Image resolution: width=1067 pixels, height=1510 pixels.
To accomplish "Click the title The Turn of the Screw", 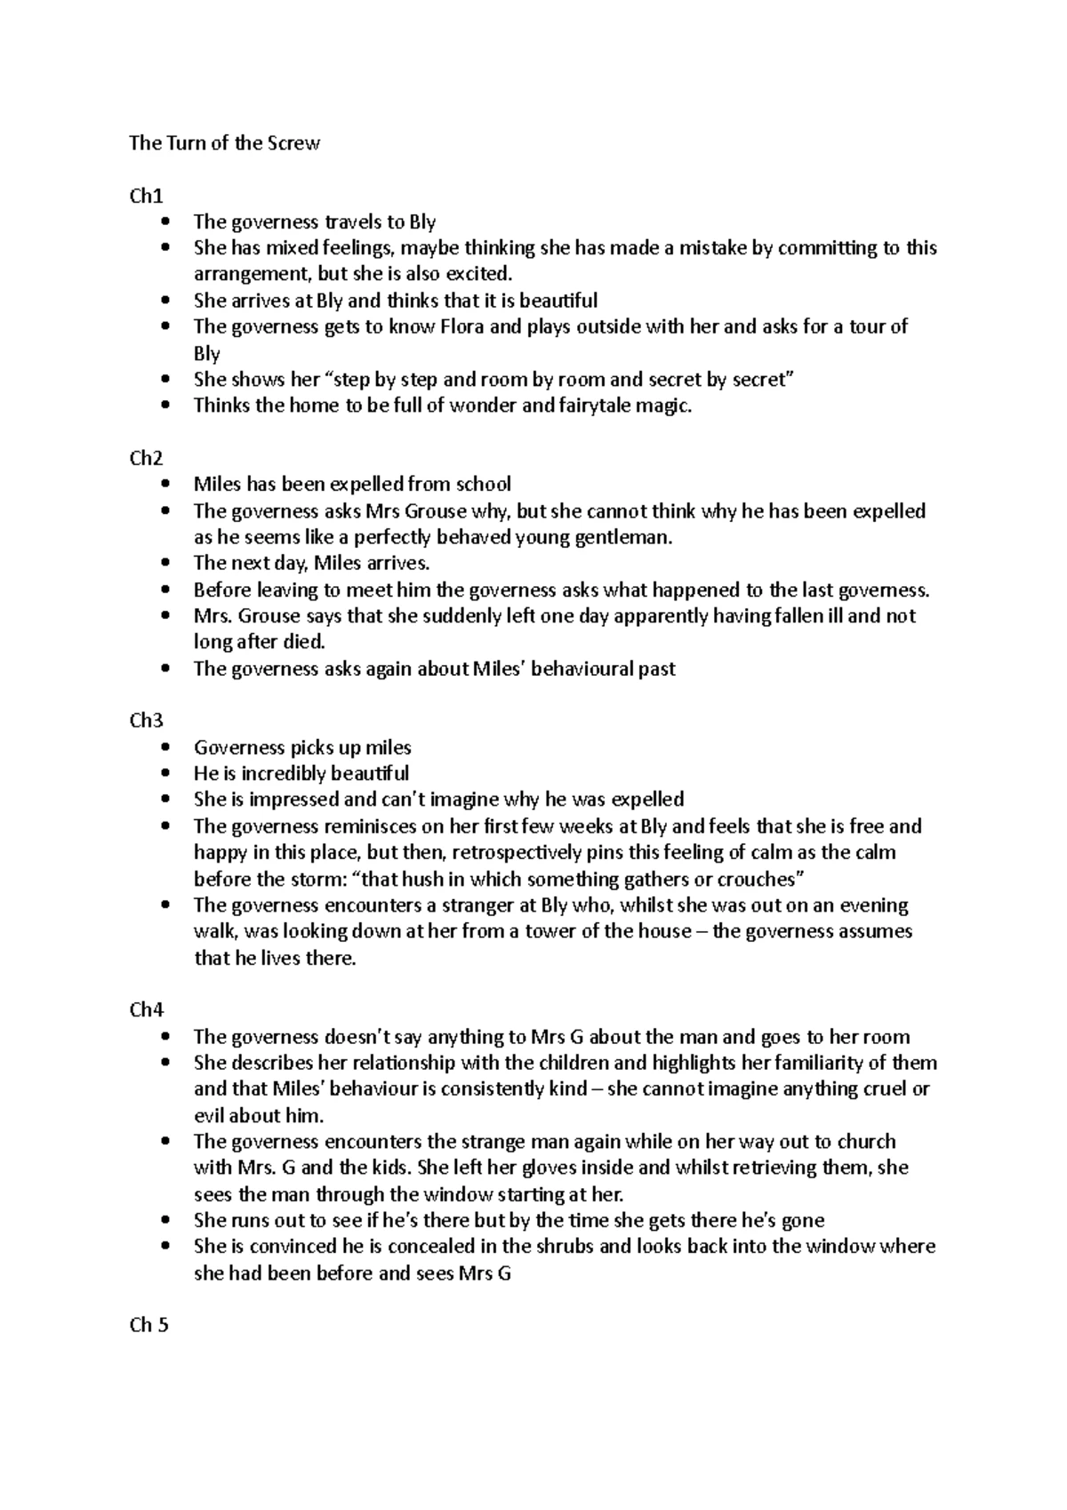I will pos(224,143).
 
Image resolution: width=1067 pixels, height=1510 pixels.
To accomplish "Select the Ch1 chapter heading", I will pos(146,196).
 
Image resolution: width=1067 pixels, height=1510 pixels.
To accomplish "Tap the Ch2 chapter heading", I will pos(146,458).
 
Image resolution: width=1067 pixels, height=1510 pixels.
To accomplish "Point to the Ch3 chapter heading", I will pos(146,720).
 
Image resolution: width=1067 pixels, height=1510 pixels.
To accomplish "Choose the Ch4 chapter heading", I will pos(146,1009).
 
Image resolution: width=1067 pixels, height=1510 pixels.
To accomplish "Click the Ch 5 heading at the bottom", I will pos(148,1325).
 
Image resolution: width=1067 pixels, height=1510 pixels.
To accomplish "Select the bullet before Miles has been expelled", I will pos(165,485).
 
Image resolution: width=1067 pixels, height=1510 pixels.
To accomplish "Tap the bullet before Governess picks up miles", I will pos(165,748).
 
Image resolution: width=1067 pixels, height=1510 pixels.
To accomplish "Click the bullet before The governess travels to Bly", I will pos(165,222).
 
